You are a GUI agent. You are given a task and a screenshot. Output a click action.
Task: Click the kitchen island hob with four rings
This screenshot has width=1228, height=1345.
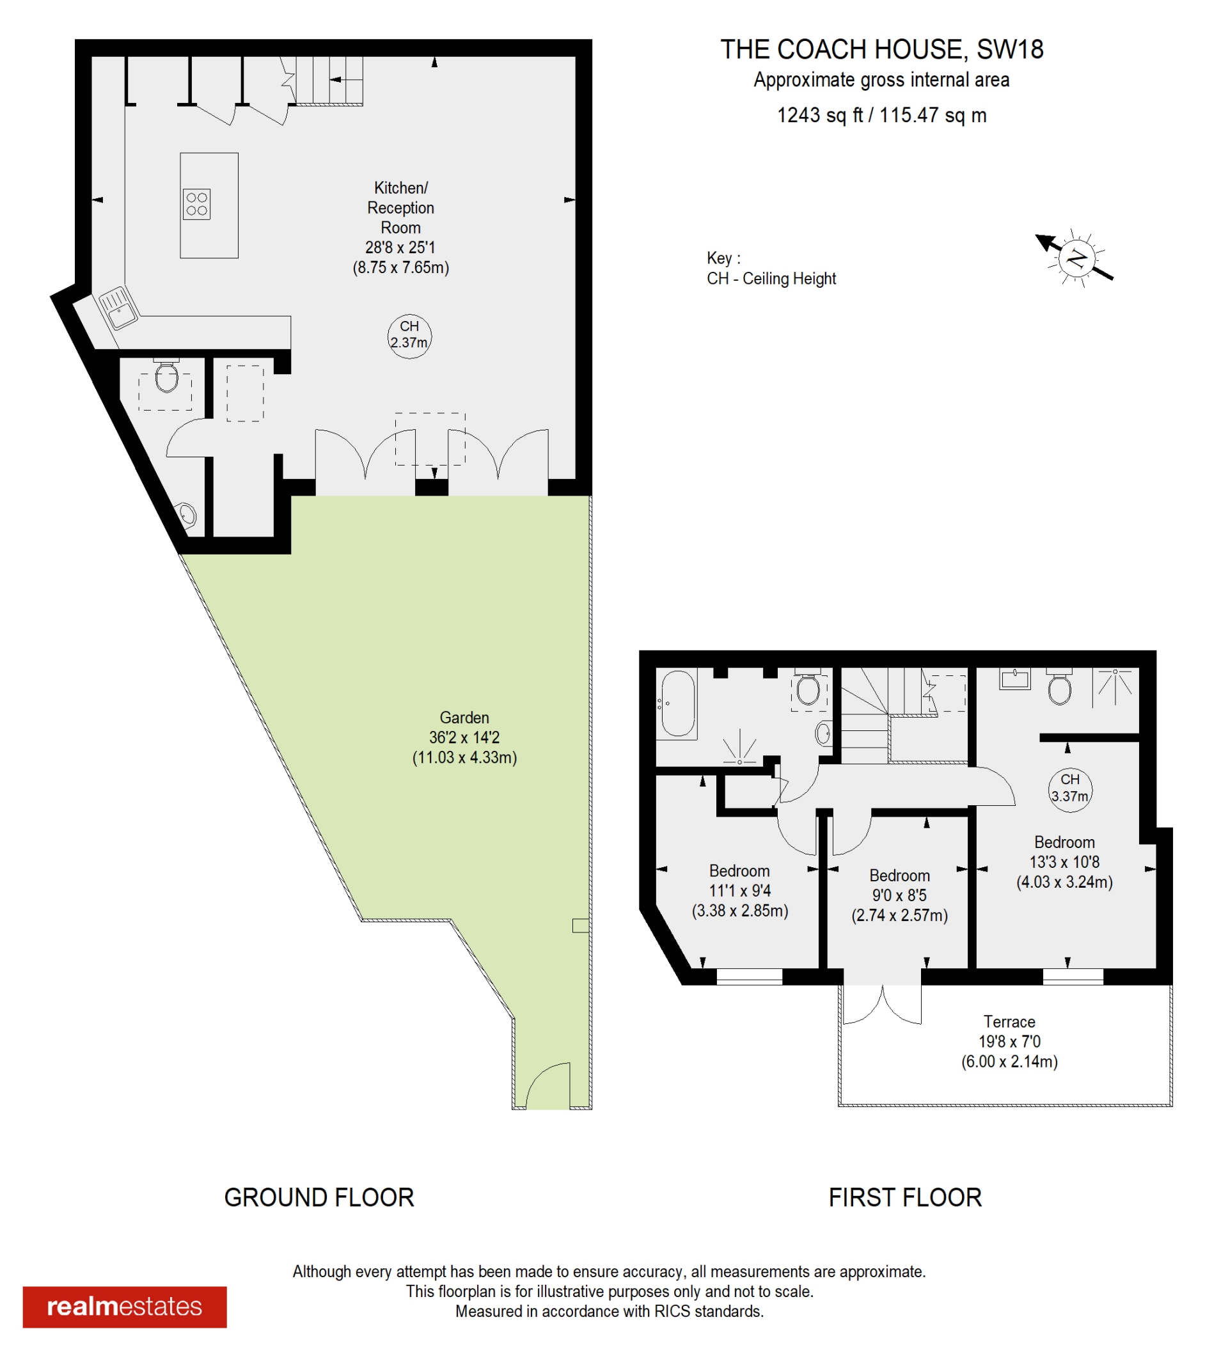pos(196,204)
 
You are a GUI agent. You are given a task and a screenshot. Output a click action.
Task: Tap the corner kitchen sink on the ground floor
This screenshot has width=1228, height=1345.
pos(119,308)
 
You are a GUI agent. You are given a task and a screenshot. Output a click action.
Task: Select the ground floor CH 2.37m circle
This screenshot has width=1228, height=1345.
pos(409,336)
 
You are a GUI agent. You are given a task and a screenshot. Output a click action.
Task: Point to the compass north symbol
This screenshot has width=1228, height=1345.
pos(1074,258)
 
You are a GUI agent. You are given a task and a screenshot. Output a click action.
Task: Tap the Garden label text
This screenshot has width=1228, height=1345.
pos(464,717)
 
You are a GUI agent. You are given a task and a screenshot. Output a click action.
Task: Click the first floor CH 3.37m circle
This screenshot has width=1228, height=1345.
pos(1070,790)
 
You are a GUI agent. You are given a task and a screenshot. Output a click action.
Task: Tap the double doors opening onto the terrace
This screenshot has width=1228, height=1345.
pos(883,1004)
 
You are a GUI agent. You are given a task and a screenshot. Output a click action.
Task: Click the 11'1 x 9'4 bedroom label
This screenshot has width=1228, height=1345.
pos(740,891)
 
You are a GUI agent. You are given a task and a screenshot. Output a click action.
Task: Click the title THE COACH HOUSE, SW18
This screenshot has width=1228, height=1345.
pos(882,49)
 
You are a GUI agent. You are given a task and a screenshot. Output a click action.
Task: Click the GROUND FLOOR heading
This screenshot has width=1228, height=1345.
pos(319,1197)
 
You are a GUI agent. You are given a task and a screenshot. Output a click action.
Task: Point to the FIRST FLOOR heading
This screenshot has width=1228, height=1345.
pos(905,1197)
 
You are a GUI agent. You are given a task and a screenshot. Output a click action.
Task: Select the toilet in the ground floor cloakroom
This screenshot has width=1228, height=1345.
pos(166,375)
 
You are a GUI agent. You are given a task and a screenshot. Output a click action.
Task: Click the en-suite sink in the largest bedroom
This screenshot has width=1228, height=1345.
pos(1014,679)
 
